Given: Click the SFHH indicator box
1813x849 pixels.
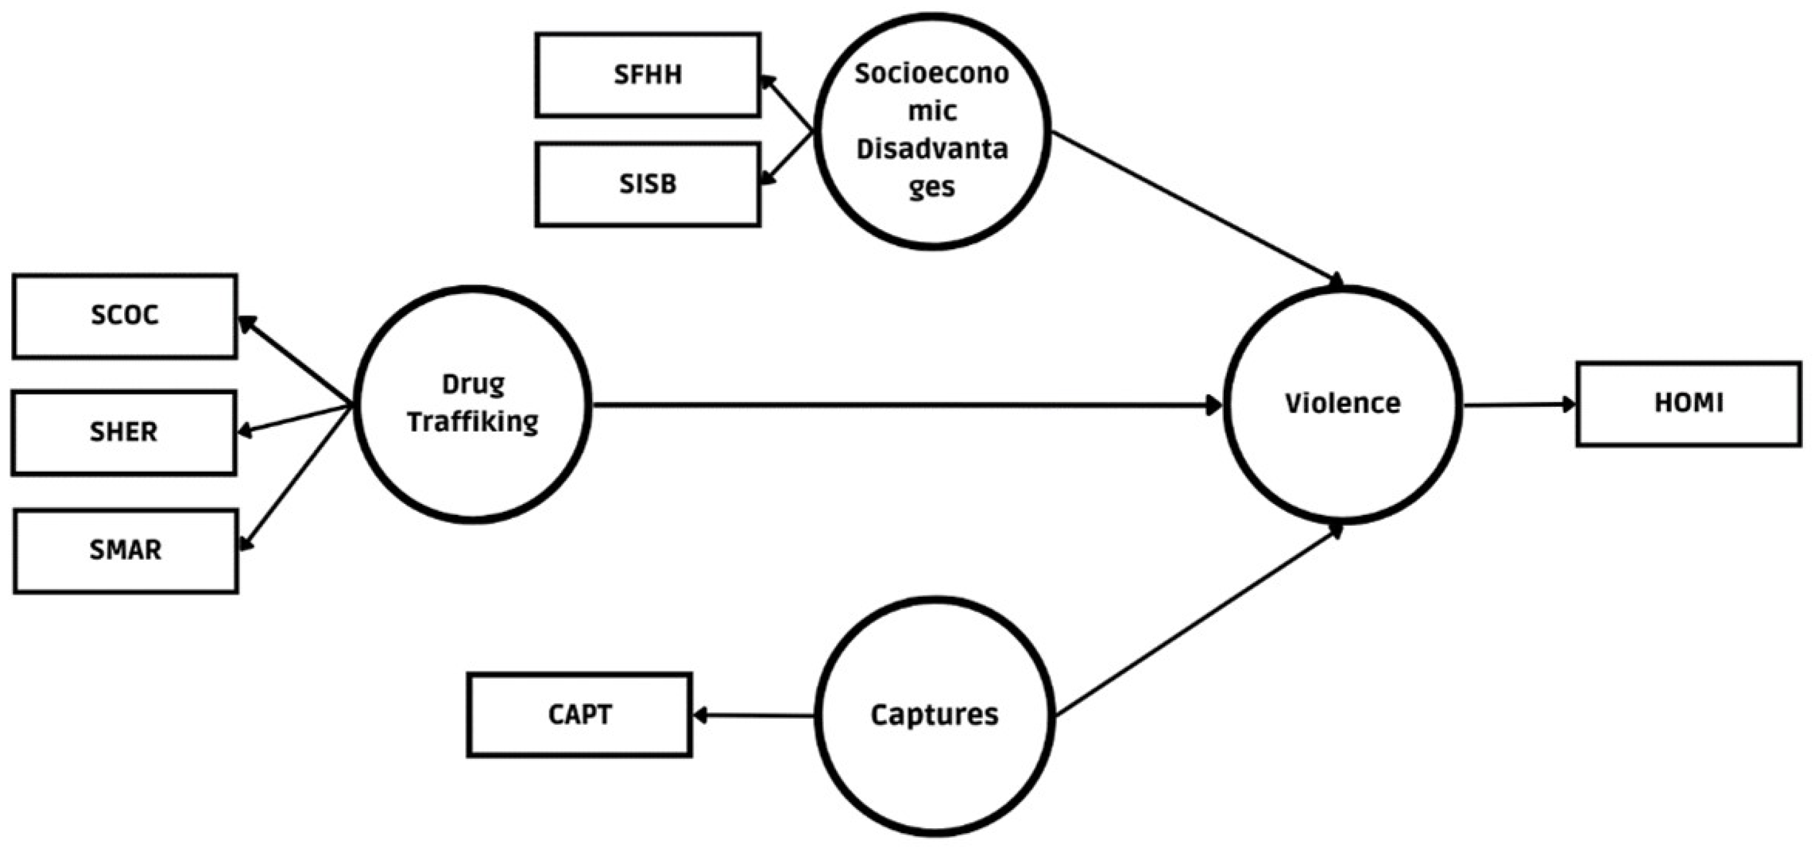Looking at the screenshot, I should [647, 75].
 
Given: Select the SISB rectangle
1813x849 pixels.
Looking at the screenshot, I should [647, 184].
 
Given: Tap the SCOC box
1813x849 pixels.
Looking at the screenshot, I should [125, 316].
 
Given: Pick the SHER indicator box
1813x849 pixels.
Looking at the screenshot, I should [124, 433].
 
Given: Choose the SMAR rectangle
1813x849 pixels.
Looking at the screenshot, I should [125, 551].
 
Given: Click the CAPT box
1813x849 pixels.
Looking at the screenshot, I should [579, 715].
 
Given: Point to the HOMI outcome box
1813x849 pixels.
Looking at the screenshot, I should [1688, 404].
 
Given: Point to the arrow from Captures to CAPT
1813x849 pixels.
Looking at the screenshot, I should [753, 715].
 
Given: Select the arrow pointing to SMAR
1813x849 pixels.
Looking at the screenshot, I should [296, 479].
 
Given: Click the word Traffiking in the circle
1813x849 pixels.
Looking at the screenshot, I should [472, 422].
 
